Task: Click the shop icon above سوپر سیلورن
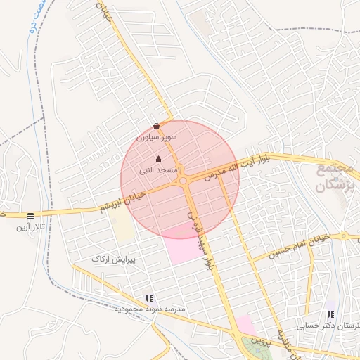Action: (x=155, y=127)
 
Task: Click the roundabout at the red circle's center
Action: (x=184, y=181)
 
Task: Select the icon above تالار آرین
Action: (x=30, y=216)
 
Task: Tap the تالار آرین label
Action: (x=31, y=227)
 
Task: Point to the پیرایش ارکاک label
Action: (x=112, y=259)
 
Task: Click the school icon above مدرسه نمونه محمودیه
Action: (x=148, y=297)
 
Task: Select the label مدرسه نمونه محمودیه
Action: (x=150, y=309)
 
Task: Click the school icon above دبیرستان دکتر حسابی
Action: (x=330, y=314)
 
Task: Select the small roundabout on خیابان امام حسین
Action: (x=345, y=236)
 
